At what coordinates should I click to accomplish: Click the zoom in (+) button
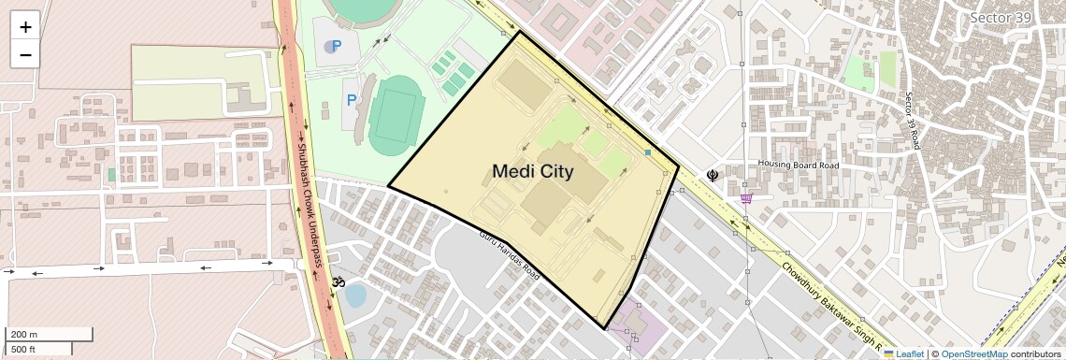pos(25,27)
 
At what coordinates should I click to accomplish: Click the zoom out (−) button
pos(25,55)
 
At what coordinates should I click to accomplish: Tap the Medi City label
pos(532,171)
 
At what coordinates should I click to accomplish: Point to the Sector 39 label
pos(1001,18)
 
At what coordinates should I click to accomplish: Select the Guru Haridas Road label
pos(510,255)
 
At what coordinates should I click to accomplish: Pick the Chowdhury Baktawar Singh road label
pos(823,299)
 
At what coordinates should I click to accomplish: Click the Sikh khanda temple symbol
pos(713,174)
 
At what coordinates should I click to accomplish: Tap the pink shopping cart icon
pos(746,198)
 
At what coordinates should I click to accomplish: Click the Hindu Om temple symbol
pos(338,281)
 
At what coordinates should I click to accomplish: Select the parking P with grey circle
pos(333,46)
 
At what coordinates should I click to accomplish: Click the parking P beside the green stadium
pos(352,100)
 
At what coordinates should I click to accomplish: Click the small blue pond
pos(355,295)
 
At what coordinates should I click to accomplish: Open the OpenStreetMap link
pos(973,353)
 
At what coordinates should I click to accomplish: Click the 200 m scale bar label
pos(24,335)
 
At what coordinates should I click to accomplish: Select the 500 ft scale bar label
pos(24,350)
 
